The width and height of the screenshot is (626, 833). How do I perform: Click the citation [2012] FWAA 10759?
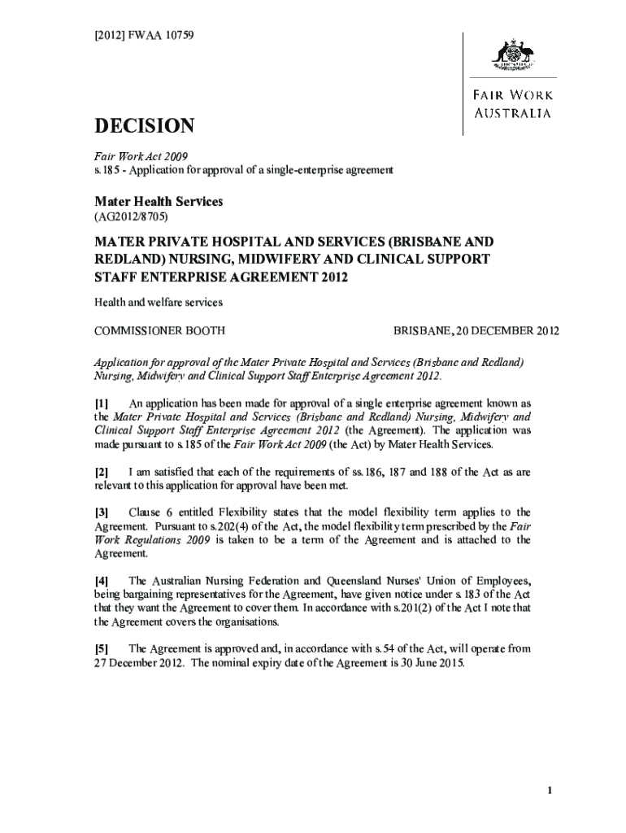pyautogui.click(x=145, y=36)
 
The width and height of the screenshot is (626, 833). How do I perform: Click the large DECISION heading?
pyautogui.click(x=145, y=126)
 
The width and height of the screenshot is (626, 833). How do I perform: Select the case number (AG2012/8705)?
pyautogui.click(x=132, y=218)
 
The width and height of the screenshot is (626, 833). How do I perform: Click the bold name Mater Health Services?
pyautogui.click(x=159, y=201)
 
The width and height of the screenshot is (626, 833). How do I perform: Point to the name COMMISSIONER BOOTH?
pyautogui.click(x=160, y=331)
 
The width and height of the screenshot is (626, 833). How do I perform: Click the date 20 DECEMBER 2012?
pyautogui.click(x=507, y=331)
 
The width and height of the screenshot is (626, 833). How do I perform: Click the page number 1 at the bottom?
pyautogui.click(x=550, y=792)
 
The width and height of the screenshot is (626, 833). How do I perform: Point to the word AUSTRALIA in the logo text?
pyautogui.click(x=514, y=113)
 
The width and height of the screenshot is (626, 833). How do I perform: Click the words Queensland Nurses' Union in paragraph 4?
pyautogui.click(x=385, y=581)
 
